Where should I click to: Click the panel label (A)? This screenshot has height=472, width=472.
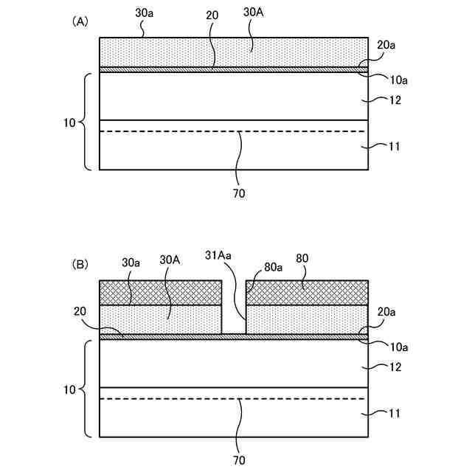click(x=80, y=22)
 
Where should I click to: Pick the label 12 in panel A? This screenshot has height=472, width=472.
click(x=395, y=100)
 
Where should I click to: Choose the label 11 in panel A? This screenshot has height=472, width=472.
click(x=395, y=147)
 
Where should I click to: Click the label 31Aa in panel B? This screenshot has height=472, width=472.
click(x=219, y=255)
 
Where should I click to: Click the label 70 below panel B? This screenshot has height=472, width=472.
click(x=238, y=460)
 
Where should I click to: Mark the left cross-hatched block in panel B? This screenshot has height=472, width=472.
click(x=160, y=293)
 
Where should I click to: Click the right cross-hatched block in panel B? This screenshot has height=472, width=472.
click(x=307, y=293)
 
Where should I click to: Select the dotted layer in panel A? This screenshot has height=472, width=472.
click(x=233, y=52)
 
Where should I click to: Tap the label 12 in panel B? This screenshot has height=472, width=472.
click(x=395, y=367)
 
